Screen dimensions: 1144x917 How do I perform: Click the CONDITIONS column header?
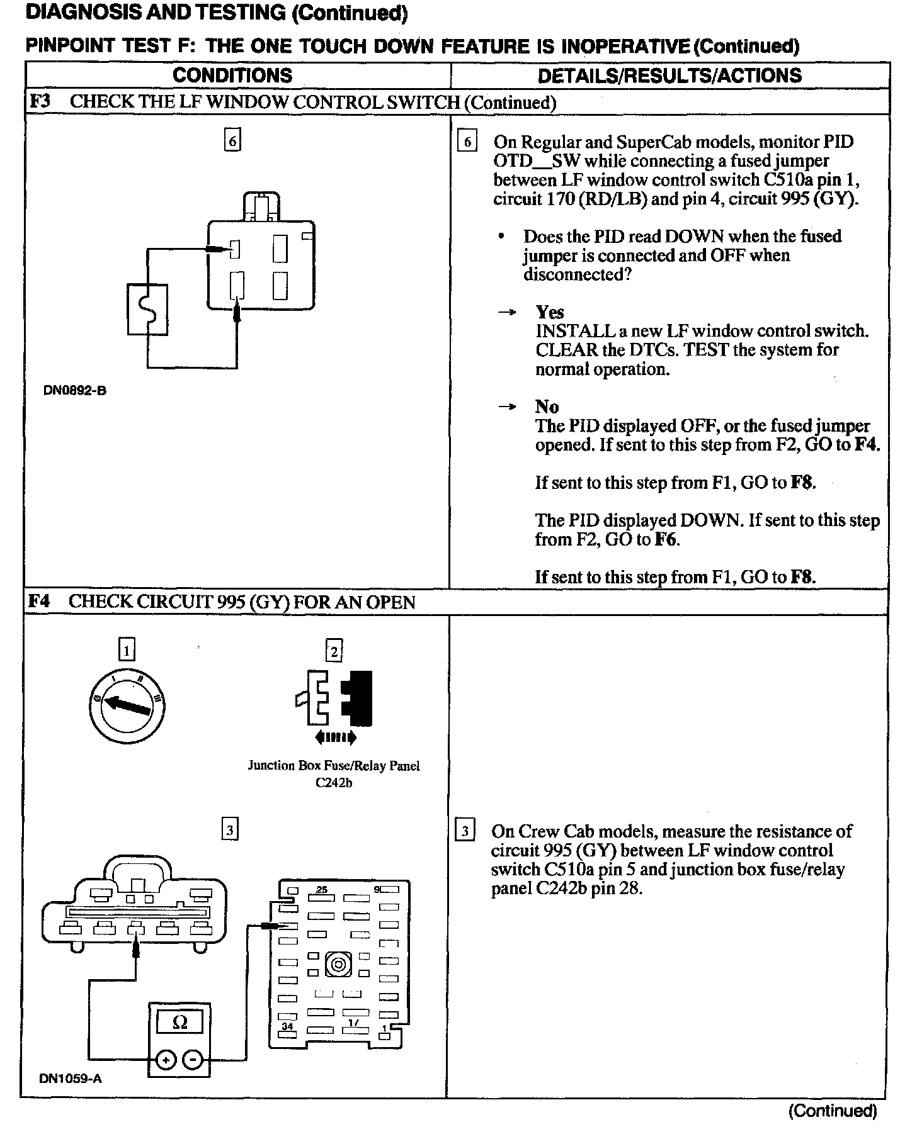(x=232, y=76)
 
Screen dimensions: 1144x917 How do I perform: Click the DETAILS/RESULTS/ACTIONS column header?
(x=669, y=76)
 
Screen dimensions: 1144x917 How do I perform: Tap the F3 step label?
(x=40, y=102)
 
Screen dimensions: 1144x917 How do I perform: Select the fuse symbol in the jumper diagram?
(x=148, y=310)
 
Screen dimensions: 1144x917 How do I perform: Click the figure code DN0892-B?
(x=75, y=390)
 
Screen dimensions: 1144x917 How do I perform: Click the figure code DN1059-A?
(x=71, y=1079)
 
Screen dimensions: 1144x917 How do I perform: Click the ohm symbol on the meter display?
(x=179, y=1023)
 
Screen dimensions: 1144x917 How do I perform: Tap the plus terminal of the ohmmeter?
(x=166, y=1060)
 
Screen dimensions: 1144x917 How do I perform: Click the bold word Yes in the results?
(x=549, y=312)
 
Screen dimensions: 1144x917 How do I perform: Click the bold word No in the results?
(x=547, y=407)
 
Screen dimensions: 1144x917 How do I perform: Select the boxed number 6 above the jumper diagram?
(x=233, y=141)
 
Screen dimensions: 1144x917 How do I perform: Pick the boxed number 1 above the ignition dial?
(x=127, y=650)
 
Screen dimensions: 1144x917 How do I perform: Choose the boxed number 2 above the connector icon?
(x=334, y=651)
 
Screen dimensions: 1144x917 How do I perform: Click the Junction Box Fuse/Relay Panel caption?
(x=334, y=766)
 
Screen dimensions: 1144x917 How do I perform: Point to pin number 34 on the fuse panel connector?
(x=287, y=1026)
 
